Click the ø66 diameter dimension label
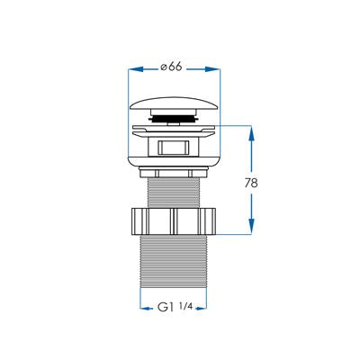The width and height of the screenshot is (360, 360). pos(171,67)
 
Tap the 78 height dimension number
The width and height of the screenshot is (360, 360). pos(251,183)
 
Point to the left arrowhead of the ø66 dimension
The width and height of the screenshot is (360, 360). pos(135,69)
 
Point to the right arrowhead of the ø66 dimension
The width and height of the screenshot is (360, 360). pos(213,69)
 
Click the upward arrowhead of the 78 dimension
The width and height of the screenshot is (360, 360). pos(251,133)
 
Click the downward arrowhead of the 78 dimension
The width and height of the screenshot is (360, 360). pos(251,226)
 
